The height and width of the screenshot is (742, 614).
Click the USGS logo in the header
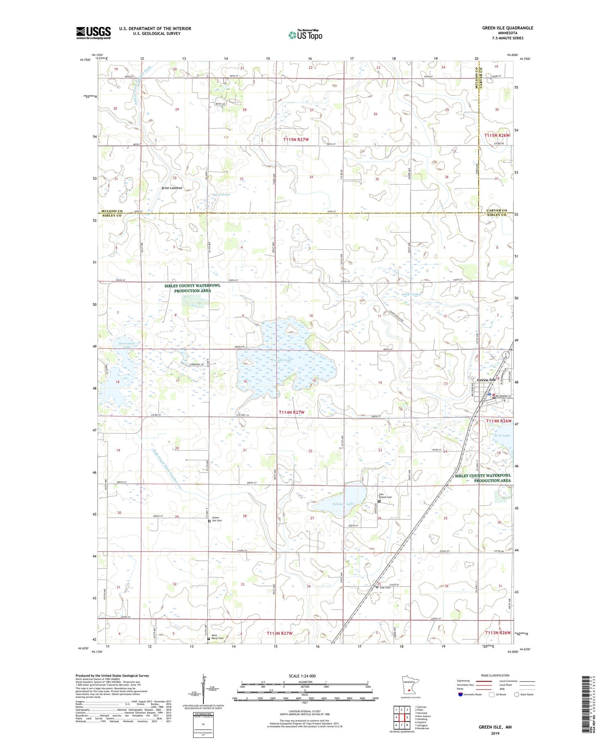click(93, 33)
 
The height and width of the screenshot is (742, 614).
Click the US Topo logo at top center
click(305, 35)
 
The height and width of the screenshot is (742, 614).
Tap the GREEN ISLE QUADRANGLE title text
click(507, 28)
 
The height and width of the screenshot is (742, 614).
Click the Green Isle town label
click(486, 380)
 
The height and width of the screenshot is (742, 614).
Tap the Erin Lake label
click(503, 435)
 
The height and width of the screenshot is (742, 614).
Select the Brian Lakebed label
click(172, 188)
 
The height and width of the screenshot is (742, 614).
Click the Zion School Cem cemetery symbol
click(379, 501)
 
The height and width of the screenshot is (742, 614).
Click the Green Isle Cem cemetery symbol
click(209, 521)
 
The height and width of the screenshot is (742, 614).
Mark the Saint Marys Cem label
click(217, 637)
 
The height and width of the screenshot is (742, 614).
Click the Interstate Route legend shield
click(460, 695)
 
